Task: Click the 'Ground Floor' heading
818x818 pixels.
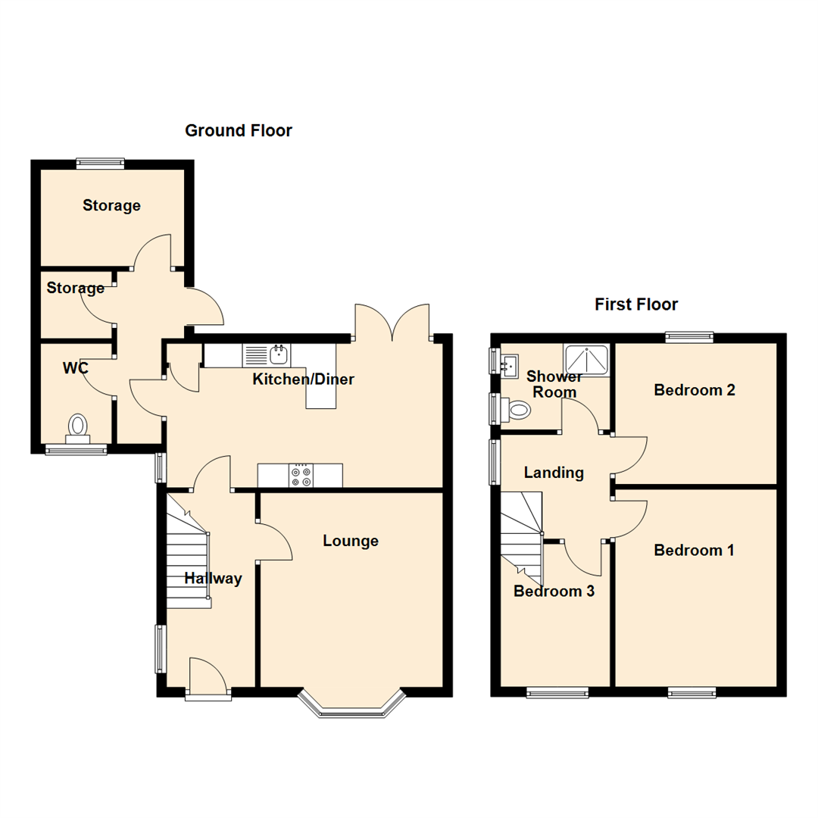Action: (239, 131)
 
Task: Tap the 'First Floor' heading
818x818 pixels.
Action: (635, 304)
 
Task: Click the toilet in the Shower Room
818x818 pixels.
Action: (517, 411)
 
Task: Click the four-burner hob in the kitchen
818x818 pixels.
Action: (301, 475)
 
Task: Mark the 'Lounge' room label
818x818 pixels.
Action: (350, 541)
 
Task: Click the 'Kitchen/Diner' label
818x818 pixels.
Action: (303, 379)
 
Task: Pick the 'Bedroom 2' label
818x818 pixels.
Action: (695, 391)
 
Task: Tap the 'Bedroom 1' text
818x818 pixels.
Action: (694, 550)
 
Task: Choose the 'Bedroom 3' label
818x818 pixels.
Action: (553, 592)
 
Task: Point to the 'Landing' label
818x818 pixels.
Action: (554, 473)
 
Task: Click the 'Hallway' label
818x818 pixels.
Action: (213, 579)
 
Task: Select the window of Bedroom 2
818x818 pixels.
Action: (689, 338)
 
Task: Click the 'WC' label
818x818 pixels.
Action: (76, 369)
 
